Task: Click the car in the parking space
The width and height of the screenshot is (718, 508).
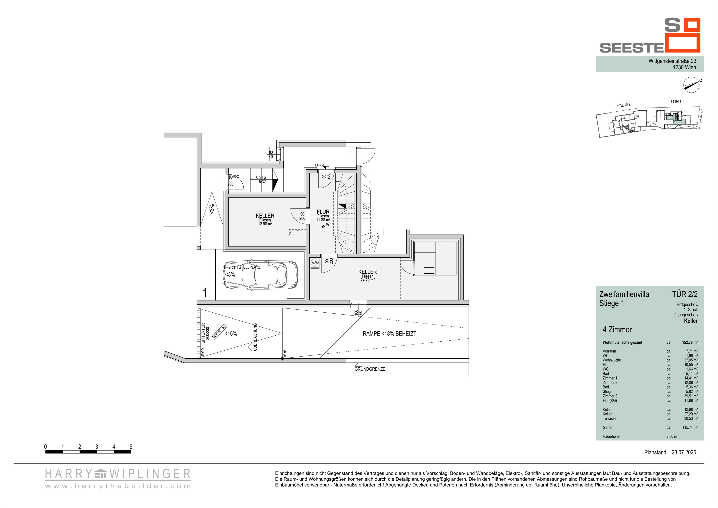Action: [261, 275]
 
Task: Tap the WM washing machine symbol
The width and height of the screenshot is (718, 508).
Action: [314, 263]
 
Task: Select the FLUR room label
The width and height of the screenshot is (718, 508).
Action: [323, 212]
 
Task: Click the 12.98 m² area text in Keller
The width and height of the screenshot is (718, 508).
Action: [265, 224]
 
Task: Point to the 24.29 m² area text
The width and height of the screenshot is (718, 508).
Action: [367, 280]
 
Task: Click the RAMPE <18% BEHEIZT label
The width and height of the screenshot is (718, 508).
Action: [389, 334]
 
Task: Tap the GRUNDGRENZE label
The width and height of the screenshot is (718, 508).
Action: [370, 369]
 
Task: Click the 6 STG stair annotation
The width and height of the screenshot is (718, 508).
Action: [261, 177]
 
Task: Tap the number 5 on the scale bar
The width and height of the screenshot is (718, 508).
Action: [131, 447]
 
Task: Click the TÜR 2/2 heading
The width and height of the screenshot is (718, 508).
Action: [685, 294]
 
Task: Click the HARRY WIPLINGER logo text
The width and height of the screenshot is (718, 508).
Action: [118, 474]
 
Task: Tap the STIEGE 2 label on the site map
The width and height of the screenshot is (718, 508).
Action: [624, 105]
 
